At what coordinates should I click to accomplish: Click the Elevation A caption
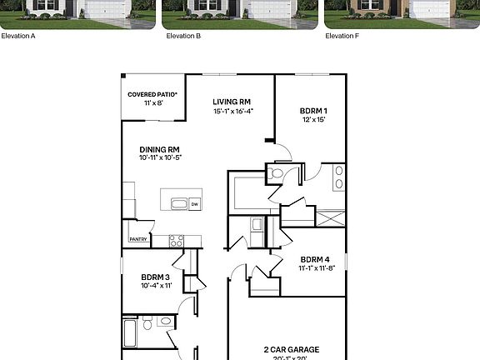coord(18,36)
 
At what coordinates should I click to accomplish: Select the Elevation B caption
coord(183,36)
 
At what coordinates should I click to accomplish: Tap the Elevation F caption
coord(342,36)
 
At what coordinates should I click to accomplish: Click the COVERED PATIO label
coord(147,94)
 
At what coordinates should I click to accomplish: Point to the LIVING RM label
coord(232,102)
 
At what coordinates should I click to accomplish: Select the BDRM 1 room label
coord(313,111)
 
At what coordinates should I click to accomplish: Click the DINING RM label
coord(160,149)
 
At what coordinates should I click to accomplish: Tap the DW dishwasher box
coord(194,203)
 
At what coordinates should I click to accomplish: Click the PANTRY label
coord(138,239)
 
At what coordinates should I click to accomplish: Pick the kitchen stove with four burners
coord(177,241)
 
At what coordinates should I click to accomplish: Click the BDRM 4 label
coord(317,259)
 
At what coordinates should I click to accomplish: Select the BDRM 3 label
coord(156,277)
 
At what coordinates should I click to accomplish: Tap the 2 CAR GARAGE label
coord(292,349)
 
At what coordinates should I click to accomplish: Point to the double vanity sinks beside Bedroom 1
coord(338,177)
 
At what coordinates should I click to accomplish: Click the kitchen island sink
coord(177,203)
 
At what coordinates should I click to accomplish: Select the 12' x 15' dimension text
coord(313,120)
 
